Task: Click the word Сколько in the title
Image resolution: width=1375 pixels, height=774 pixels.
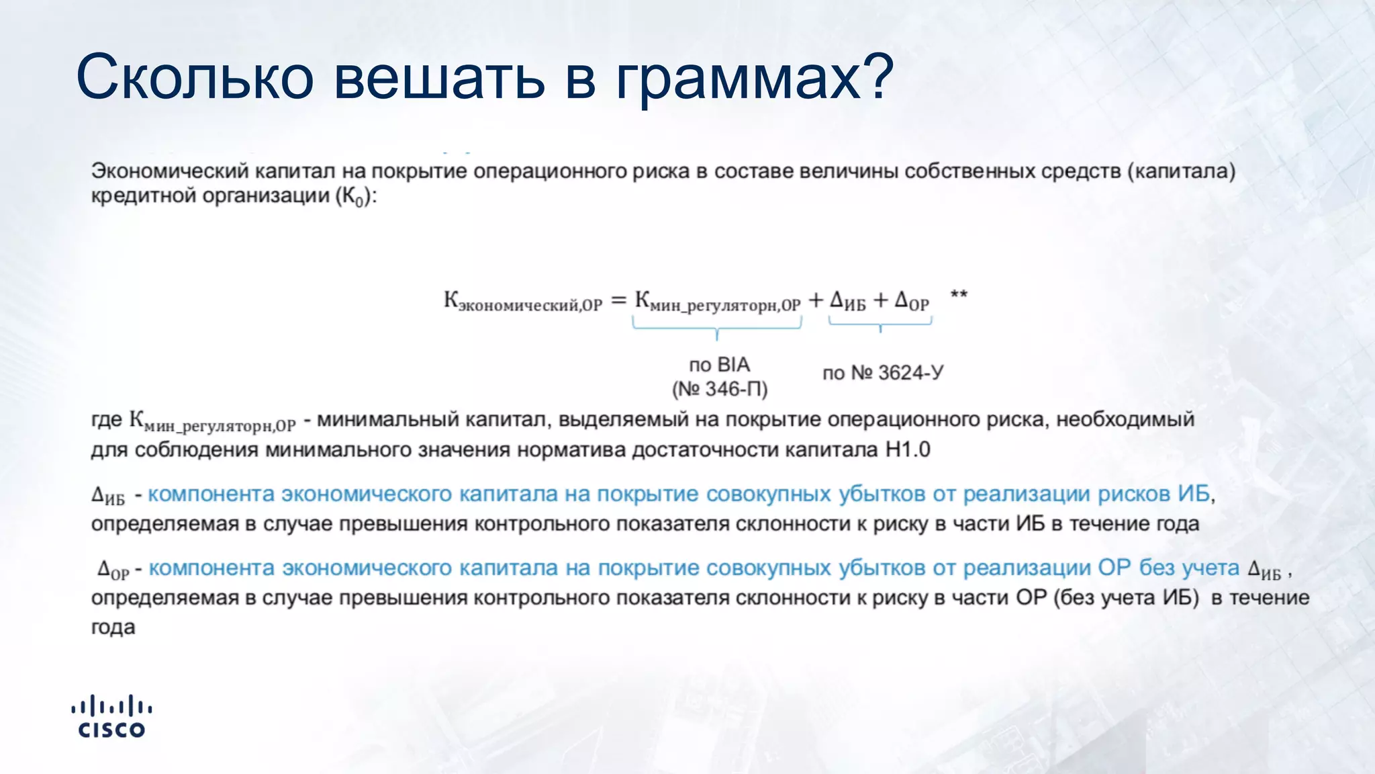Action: tap(195, 77)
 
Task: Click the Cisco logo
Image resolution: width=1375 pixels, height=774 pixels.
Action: tap(111, 716)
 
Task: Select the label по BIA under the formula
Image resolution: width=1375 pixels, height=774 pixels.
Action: tap(719, 365)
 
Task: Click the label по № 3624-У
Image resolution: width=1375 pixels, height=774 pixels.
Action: tap(883, 373)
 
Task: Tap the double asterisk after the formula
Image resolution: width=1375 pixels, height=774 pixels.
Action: tap(959, 294)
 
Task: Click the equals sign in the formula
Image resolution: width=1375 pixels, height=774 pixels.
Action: tap(618, 300)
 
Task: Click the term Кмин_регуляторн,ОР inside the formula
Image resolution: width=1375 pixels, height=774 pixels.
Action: tap(717, 302)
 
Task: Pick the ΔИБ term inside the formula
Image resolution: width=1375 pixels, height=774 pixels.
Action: tap(848, 300)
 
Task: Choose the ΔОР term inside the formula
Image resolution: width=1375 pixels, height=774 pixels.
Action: tap(912, 300)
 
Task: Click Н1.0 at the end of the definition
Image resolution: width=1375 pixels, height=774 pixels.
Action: tap(908, 449)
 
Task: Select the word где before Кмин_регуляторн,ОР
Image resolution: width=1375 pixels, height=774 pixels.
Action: tap(107, 420)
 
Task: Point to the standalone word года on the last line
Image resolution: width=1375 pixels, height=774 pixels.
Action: tap(113, 628)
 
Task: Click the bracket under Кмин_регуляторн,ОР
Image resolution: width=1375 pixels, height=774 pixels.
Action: tap(717, 328)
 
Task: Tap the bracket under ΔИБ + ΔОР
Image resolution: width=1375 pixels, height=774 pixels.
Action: tap(880, 325)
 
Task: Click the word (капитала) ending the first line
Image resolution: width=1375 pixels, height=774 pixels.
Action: tap(1181, 171)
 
